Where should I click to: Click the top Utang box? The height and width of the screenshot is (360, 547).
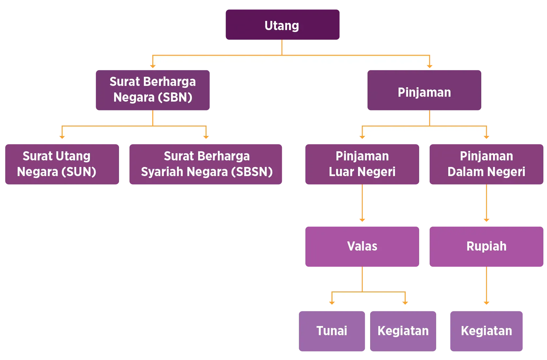coord(282,25)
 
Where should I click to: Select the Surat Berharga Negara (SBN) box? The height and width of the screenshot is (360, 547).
coord(153,90)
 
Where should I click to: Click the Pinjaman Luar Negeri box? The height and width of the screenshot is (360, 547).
coord(362,165)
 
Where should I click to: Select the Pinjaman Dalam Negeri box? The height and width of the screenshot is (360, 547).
coord(486,165)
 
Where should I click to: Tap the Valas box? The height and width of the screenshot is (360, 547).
coord(362,247)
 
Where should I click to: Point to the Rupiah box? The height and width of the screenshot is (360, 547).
coord(486,247)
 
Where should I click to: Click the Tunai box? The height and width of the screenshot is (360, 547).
coord(332,331)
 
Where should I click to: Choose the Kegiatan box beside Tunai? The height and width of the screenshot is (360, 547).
coord(403,331)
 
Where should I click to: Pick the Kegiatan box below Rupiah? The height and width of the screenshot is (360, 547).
coord(486,331)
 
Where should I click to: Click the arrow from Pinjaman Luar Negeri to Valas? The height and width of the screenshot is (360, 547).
coord(362,204)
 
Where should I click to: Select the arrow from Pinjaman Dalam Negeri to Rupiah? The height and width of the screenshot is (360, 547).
coord(486,204)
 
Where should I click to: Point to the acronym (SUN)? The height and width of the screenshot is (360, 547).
coord(81,172)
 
